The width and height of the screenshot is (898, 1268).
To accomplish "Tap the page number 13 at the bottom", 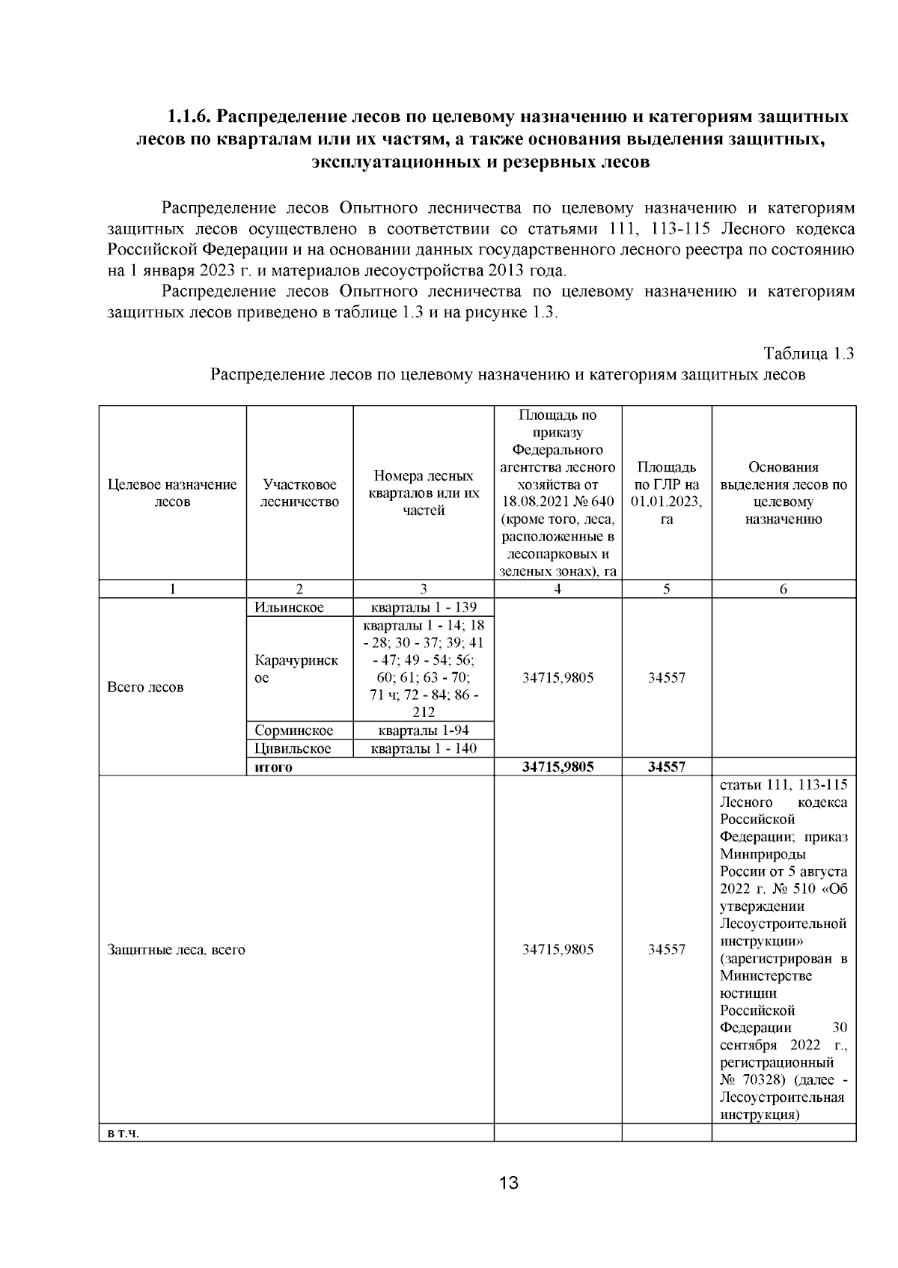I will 509,1183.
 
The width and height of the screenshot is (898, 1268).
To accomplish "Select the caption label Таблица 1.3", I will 808,354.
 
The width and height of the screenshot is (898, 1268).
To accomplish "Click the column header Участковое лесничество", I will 299,493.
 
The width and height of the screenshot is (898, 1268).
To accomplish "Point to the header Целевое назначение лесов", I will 172,493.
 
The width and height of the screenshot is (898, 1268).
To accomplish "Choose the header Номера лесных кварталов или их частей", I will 423,493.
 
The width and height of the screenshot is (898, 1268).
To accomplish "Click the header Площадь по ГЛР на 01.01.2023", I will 666,493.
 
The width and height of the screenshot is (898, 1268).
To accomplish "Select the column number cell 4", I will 558,589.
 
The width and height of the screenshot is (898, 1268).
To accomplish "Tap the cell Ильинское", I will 289,607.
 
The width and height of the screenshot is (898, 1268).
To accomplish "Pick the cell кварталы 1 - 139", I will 424,607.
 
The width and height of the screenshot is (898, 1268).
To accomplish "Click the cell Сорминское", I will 293,731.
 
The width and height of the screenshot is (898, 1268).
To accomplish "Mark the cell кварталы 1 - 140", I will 424,749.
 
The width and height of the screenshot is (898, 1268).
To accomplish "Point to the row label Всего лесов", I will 145,687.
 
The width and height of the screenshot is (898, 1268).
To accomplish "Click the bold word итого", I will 273,767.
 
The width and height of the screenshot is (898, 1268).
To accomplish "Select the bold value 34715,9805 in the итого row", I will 558,767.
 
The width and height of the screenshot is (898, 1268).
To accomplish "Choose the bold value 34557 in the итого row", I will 666,767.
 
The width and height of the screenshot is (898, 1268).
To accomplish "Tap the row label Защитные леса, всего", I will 176,950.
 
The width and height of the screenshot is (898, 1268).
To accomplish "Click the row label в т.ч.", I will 123,1133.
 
